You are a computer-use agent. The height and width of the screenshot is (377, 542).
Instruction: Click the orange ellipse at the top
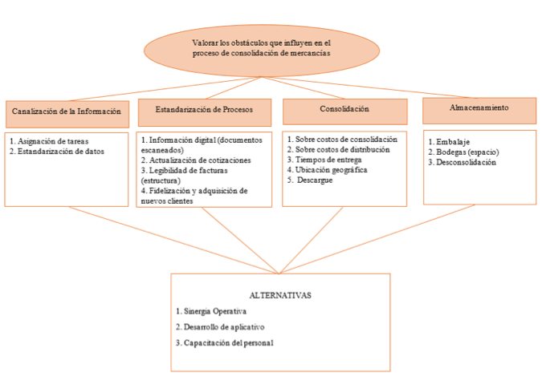coord(262,51)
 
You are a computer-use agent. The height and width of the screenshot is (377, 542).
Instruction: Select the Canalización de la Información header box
coord(67,114)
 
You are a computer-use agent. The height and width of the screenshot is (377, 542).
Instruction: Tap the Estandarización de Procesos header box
coord(205,112)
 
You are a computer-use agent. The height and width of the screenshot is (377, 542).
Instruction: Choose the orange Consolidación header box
coord(345,111)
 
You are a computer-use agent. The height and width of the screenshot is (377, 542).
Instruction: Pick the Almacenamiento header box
coord(479,111)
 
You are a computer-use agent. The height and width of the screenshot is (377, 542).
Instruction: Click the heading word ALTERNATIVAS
coord(280,295)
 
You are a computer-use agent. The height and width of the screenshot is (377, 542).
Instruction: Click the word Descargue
coord(315,180)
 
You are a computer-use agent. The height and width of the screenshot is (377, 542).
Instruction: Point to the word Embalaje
coord(453,142)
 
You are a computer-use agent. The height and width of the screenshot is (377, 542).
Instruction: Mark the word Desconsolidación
coord(466,162)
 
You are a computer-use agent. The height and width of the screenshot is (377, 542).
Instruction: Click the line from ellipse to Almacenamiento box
coord(369,87)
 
